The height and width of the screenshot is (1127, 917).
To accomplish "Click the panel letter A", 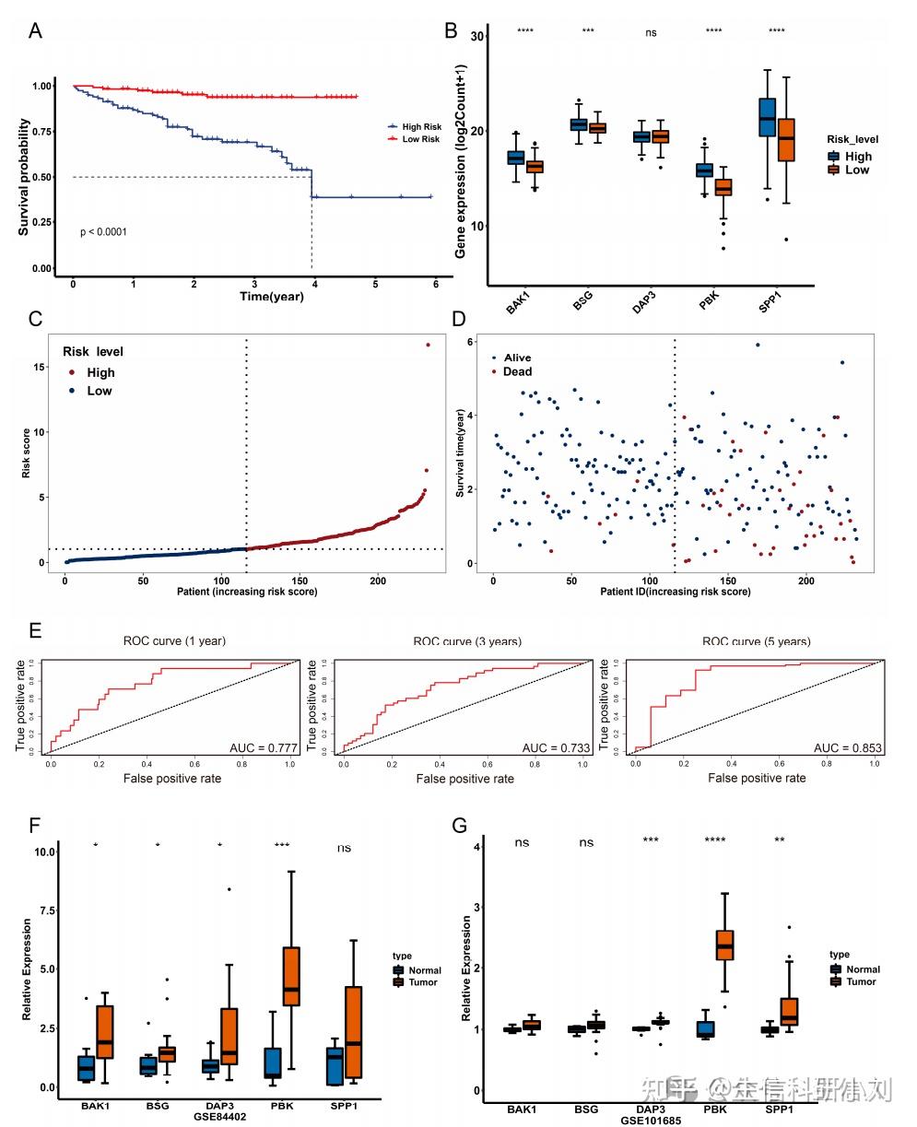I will tap(35, 29).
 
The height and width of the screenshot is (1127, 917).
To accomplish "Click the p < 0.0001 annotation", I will tap(103, 232).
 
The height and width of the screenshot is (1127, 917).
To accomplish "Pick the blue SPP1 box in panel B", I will tap(767, 117).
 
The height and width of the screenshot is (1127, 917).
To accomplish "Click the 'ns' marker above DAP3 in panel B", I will tap(651, 32).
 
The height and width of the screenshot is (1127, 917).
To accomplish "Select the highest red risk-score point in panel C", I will tap(428, 345).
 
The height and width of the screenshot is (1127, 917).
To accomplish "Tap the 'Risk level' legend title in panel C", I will tap(93, 351).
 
